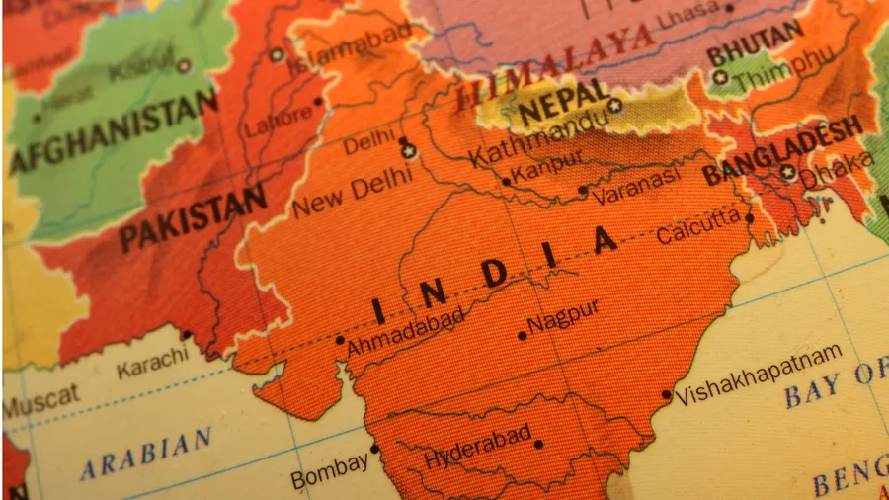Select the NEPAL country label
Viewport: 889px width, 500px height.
(x=563, y=102)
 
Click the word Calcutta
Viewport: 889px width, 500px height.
(x=698, y=228)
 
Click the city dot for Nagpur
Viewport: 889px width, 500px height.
(x=523, y=336)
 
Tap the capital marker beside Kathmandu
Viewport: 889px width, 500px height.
(x=615, y=105)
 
